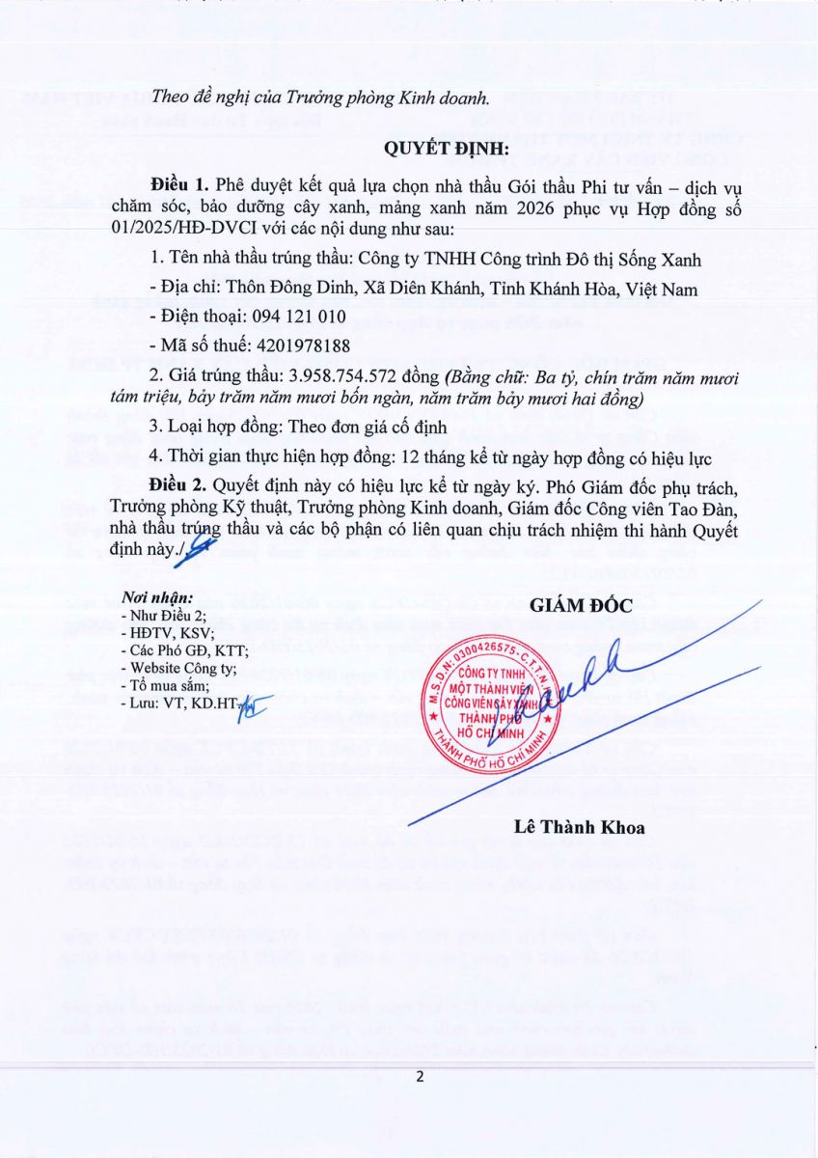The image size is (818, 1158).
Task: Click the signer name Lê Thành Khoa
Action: (x=580, y=827)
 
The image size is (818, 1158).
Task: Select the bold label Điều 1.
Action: (x=179, y=183)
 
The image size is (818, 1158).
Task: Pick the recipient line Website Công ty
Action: (x=179, y=667)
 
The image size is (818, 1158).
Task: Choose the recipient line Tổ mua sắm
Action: (x=165, y=684)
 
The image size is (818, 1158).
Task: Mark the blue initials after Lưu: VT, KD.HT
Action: (x=257, y=705)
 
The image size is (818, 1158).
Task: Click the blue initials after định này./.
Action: (x=202, y=548)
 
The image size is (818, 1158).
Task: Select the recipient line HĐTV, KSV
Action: (x=166, y=632)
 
